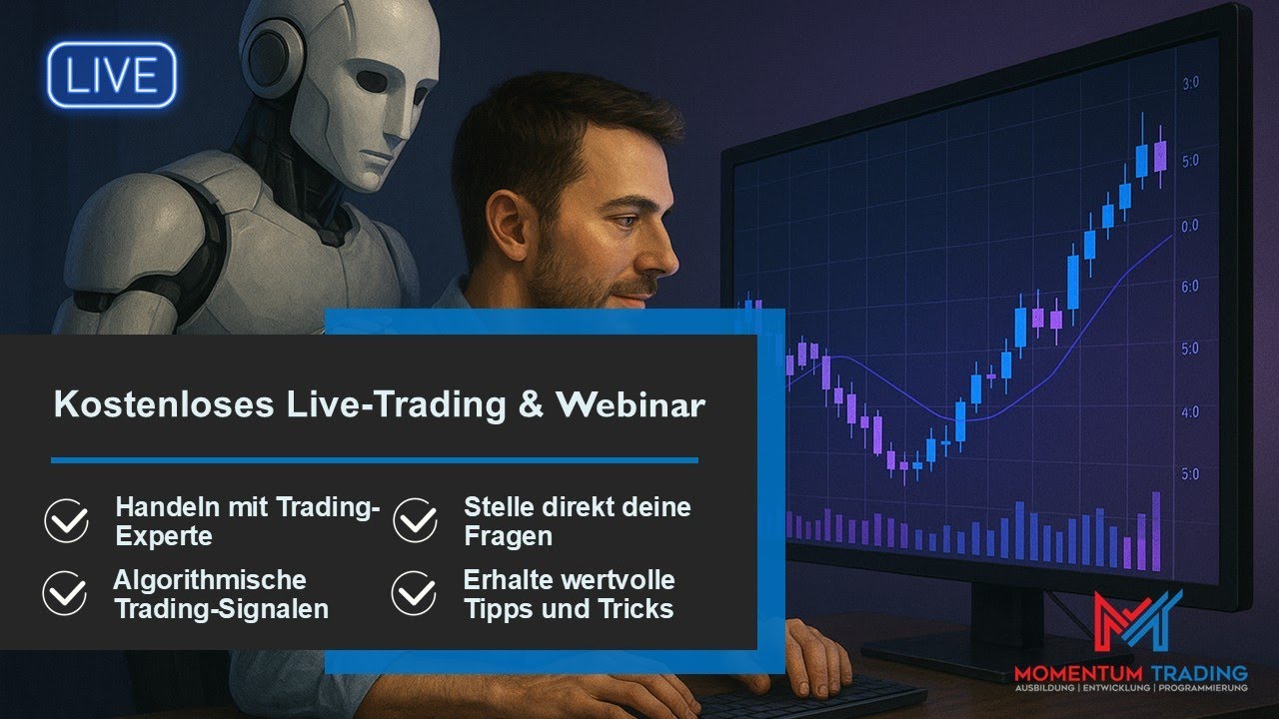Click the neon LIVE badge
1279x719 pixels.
(111, 76)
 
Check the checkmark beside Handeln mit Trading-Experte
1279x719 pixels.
(67, 521)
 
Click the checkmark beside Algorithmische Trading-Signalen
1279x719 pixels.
(65, 594)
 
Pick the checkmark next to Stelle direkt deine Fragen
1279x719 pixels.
(415, 521)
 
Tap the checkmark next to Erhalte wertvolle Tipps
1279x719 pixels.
(414, 594)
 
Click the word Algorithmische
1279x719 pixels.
(210, 580)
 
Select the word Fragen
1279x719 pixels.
(508, 536)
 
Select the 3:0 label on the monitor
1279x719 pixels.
(1190, 83)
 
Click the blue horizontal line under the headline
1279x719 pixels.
(374, 460)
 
